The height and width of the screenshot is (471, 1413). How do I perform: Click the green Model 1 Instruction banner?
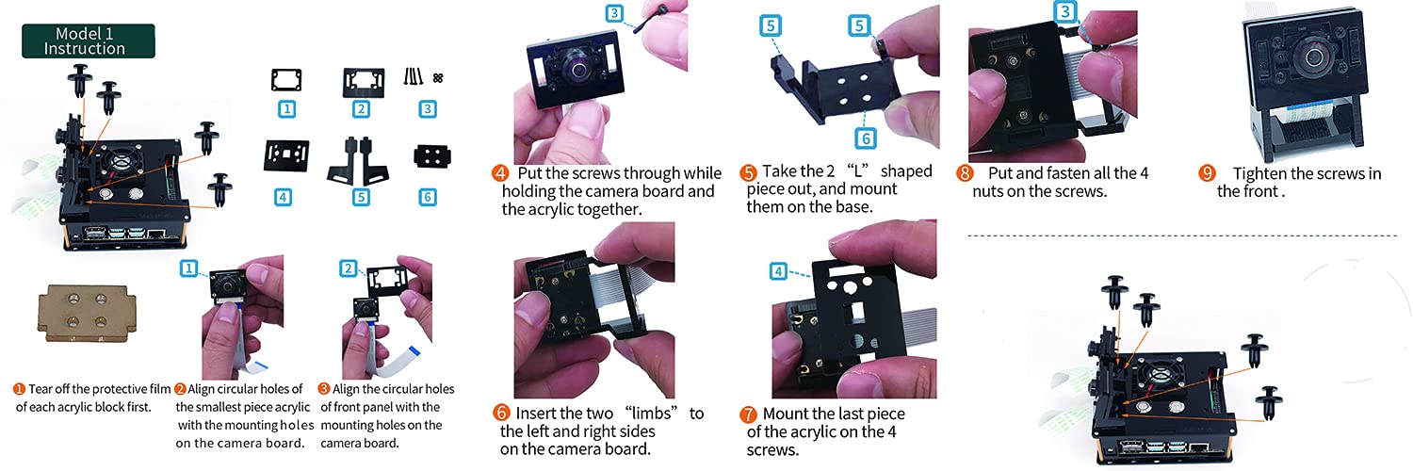coord(89,41)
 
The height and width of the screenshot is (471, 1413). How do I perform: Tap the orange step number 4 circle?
coord(500,172)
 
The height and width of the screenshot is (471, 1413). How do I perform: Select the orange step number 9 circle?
coord(1207,172)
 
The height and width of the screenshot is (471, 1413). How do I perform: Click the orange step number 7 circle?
coord(748,414)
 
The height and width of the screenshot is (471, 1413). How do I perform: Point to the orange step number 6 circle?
coord(501,413)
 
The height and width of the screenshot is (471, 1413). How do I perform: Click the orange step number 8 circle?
coord(965,172)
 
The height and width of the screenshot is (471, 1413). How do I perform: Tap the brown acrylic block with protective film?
coord(87,313)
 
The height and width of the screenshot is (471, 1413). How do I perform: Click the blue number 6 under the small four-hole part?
coord(428,198)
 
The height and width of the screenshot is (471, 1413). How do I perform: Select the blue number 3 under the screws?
coord(428,109)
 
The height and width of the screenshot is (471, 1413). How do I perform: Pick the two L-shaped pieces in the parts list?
coord(358,161)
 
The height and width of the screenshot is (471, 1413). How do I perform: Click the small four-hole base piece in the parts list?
coord(432,156)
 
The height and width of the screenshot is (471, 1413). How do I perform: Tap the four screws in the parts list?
coord(414,77)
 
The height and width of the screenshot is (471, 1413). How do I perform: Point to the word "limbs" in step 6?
coord(652,414)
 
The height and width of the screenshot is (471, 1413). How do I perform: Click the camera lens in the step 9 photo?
coord(1313,58)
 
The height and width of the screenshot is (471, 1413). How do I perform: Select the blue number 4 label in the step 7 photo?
coord(778,271)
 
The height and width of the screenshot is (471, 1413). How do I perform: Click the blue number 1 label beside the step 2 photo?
coord(188,268)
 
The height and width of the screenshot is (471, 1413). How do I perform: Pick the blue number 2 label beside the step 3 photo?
coord(349,268)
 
